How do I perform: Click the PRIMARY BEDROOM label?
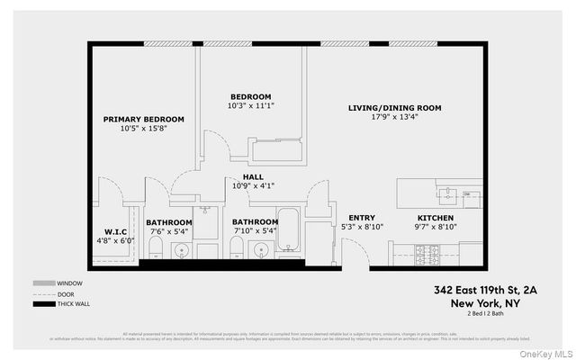tap(144, 119)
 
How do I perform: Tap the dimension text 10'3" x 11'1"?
tap(251, 106)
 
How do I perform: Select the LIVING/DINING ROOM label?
tap(394, 108)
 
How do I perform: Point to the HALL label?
tap(253, 176)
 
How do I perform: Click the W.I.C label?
tap(114, 231)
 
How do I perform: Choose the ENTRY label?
tap(361, 218)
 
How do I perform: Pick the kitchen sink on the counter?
tap(445, 191)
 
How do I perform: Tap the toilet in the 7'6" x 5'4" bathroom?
tap(155, 249)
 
